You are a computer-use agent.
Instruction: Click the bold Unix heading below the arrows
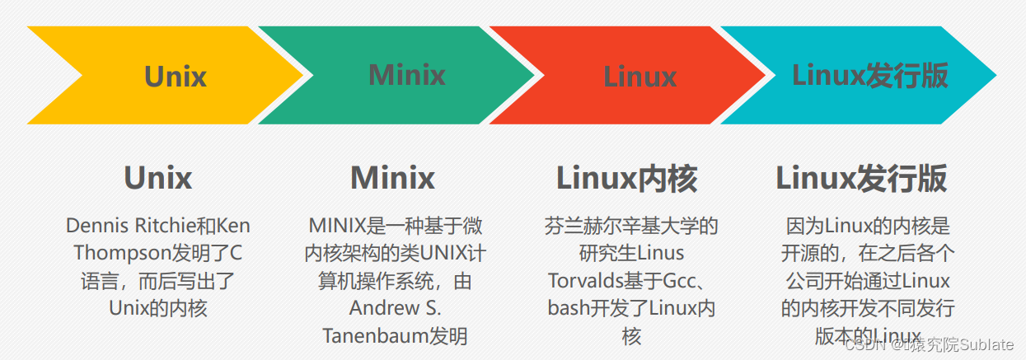pos(158,178)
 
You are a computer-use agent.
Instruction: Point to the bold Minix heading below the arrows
pos(393,178)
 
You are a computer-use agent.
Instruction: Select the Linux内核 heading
pos(627,178)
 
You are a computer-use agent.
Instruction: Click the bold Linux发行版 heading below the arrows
pos(861,178)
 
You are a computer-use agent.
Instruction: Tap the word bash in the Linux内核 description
pos(566,308)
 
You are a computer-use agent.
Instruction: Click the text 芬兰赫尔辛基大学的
pos(632,226)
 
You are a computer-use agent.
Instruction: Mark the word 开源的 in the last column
pos(813,253)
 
